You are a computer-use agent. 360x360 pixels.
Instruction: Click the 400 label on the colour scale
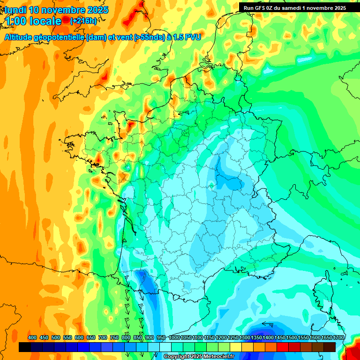pos(32,337)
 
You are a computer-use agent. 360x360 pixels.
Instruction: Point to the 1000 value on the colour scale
pos(174,337)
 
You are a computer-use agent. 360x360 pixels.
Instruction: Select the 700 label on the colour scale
pos(103,337)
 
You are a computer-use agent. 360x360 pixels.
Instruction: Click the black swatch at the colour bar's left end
pos(25,347)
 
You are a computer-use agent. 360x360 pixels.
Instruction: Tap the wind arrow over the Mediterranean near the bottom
pos(268,323)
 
